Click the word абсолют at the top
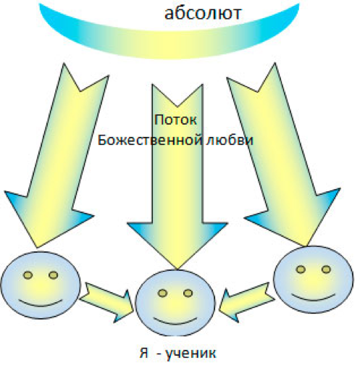[x=203, y=13]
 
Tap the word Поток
[x=175, y=120]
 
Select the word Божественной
[x=150, y=140]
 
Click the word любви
[x=230, y=140]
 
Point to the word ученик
[x=191, y=354]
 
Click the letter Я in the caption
[x=144, y=353]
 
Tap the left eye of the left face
[x=28, y=275]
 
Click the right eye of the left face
[x=54, y=275]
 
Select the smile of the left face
[x=41, y=304]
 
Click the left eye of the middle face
[x=163, y=293]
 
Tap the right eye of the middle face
[x=188, y=293]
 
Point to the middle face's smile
[x=175, y=322]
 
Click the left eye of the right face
[x=301, y=270]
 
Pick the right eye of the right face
[x=326, y=270]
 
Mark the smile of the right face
[x=314, y=298]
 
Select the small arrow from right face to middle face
[x=247, y=302]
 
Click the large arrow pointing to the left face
[x=56, y=154]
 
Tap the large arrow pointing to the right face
[x=285, y=154]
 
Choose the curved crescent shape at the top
[x=169, y=45]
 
